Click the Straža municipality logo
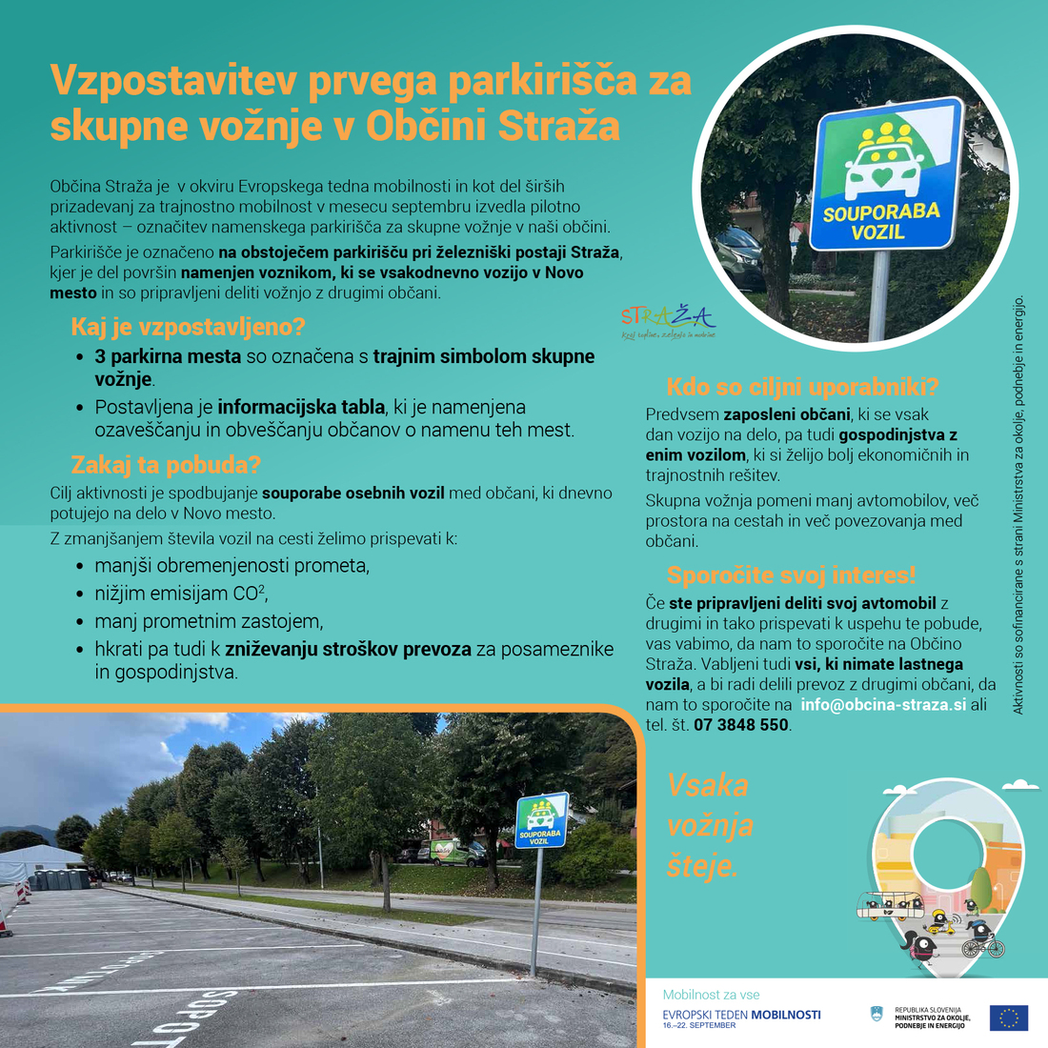point(668,321)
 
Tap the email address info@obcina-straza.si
point(883,704)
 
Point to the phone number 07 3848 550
point(741,725)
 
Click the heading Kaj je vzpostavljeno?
point(188,327)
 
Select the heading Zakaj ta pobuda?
point(166,466)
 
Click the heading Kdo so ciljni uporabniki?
point(802,387)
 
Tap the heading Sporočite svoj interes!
point(791,575)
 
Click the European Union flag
point(1008,1018)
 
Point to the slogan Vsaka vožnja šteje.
point(710,825)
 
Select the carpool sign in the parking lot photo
point(541,820)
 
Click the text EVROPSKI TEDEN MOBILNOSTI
point(741,1015)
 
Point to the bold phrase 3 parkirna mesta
point(168,356)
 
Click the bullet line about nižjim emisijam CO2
point(181,594)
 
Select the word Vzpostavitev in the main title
point(172,81)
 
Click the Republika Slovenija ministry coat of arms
point(877,1016)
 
